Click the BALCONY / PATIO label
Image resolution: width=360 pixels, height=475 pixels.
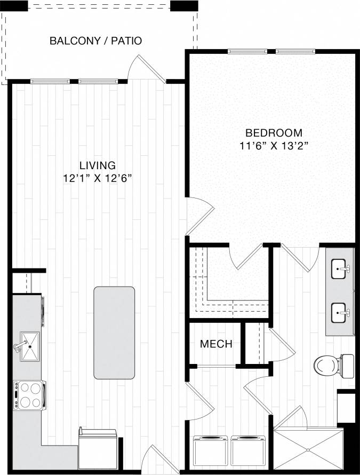coord(95,41)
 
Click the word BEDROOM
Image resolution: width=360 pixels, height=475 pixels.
coord(274,132)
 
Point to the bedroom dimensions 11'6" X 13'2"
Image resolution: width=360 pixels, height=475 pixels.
coord(274,145)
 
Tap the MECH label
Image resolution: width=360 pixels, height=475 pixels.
coord(216,344)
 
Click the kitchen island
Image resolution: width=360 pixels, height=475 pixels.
coord(114,331)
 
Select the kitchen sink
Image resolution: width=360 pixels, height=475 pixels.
coord(29,346)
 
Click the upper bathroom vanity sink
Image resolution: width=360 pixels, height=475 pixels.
coord(340,269)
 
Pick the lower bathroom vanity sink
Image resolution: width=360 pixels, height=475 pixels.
coord(340,313)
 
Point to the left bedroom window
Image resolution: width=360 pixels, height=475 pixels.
coord(247,52)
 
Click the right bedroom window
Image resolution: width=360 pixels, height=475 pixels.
coord(295,52)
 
